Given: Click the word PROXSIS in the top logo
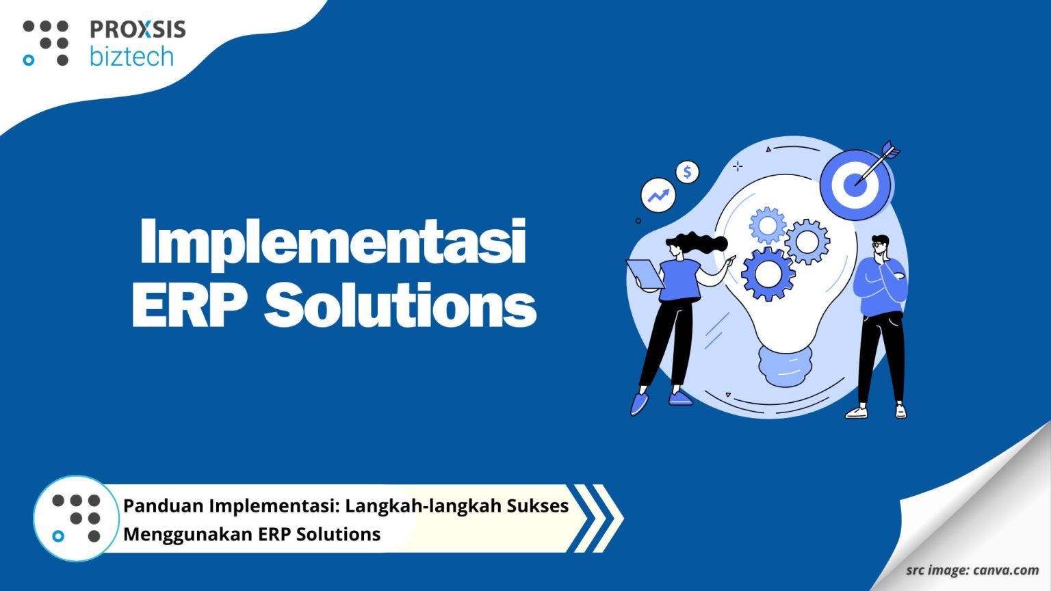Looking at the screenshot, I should click(138, 29).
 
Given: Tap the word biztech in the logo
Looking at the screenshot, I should click(131, 56).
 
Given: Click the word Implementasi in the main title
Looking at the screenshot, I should click(333, 241).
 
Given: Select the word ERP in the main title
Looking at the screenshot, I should click(189, 305).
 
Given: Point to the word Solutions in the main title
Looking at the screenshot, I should click(400, 305).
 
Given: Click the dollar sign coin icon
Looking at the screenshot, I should click(687, 172).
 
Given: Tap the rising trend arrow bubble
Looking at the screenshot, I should click(658, 196).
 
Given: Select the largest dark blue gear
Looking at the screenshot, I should click(768, 274).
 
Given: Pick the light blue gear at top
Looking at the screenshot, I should click(767, 224).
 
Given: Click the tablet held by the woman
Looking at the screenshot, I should click(645, 274).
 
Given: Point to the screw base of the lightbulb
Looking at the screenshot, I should click(786, 365).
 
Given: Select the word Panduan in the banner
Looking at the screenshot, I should click(163, 506).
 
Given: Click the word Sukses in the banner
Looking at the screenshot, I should click(537, 506).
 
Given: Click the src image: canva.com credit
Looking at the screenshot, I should click(972, 570).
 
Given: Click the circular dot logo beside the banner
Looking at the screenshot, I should click(76, 518).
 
